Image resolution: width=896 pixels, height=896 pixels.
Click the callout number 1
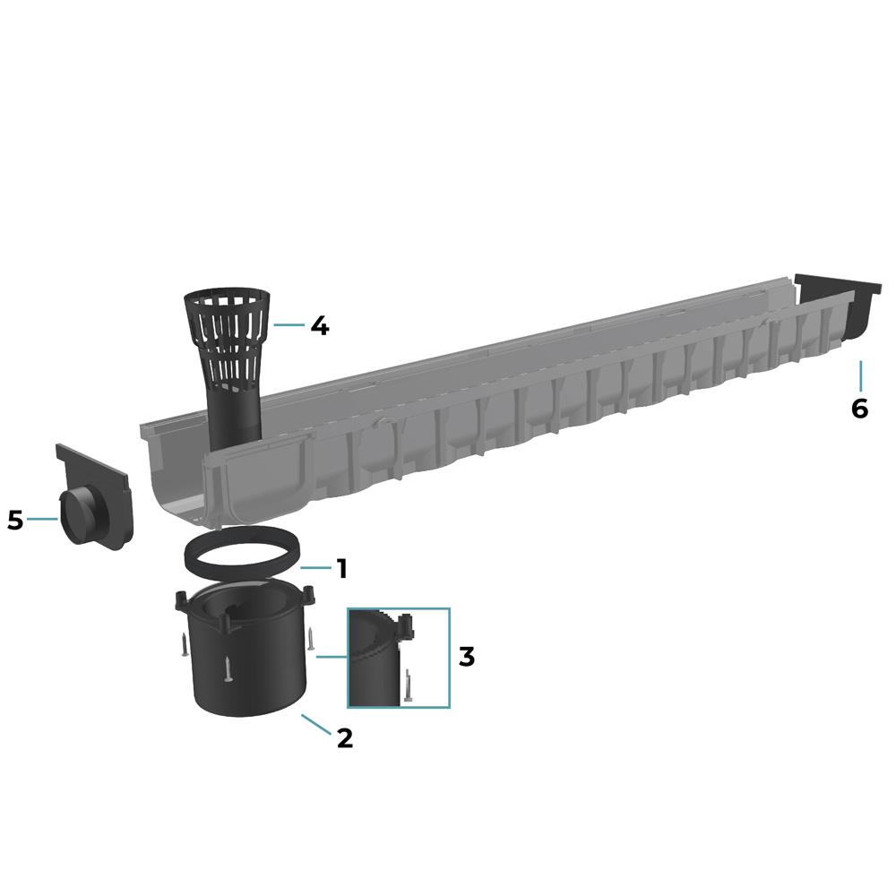click(340, 568)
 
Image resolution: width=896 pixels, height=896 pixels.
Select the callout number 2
click(345, 737)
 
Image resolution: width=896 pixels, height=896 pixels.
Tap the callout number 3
click(466, 656)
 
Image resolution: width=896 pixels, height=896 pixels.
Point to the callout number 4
click(318, 325)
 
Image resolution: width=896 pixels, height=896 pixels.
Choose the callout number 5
click(14, 520)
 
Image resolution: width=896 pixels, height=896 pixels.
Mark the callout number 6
click(859, 409)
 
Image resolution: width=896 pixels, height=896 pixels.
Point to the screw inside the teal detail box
click(409, 685)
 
